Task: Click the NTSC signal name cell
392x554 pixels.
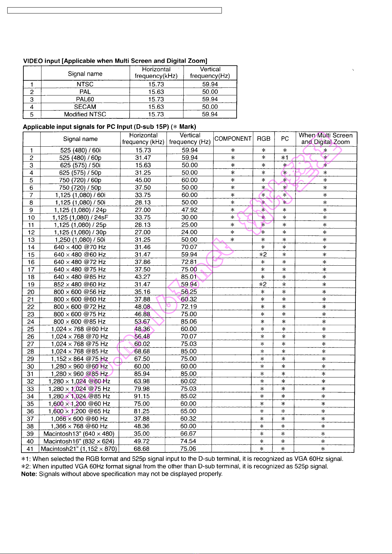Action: tap(85, 84)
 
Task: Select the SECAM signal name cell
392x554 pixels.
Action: tap(85, 107)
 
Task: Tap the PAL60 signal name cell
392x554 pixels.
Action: tap(85, 99)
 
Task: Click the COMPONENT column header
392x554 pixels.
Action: tap(233, 139)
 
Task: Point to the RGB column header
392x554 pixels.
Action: tap(263, 139)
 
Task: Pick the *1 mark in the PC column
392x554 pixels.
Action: tap(285, 158)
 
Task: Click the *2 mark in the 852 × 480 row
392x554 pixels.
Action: tap(263, 284)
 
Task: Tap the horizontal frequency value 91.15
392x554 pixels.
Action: tap(142, 396)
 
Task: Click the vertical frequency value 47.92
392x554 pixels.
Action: tap(190, 210)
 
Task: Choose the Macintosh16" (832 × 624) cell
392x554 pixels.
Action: tap(79, 441)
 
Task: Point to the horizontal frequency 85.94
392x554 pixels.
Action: tap(142, 374)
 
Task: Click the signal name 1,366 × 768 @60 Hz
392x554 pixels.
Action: tap(79, 426)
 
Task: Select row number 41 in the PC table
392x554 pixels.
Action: tap(30, 449)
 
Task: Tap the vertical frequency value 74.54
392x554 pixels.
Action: tap(188, 441)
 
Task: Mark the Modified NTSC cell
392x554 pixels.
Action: tap(85, 114)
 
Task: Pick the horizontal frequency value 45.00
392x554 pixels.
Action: tap(143, 180)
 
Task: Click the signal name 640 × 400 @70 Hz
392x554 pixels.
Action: tap(80, 247)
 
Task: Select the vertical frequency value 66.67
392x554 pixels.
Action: tap(188, 434)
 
